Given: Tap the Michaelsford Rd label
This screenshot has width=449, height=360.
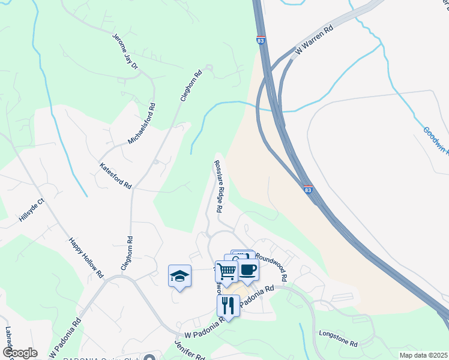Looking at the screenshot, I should (142, 124).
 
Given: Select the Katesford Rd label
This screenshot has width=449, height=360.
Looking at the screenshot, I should (115, 176).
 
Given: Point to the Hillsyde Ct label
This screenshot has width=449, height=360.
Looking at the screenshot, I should (32, 210).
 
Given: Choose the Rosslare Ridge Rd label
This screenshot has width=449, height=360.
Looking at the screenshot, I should (218, 187).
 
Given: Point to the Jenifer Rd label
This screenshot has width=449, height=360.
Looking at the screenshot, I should (190, 350).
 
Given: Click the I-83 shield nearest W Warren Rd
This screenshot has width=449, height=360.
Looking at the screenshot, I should (261, 40).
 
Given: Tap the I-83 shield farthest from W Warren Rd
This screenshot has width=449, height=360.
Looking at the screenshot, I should (308, 190).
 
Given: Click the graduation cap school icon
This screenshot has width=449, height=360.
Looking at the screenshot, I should (179, 276).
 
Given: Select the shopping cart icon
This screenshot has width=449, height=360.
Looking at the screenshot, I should (226, 271).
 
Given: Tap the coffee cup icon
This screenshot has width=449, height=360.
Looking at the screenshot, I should (247, 269).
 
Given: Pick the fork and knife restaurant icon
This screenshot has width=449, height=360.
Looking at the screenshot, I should (228, 305).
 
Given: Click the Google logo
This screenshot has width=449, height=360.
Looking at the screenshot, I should (20, 353).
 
